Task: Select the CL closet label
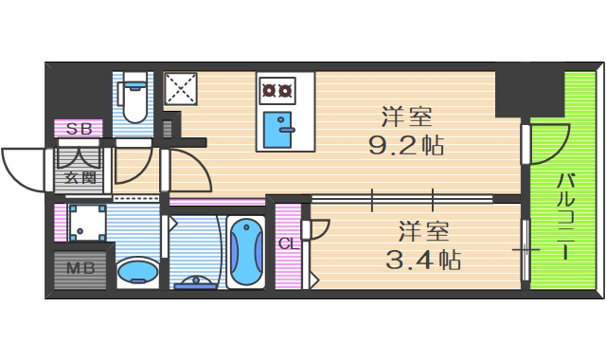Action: [287, 243]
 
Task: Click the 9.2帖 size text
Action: [407, 146]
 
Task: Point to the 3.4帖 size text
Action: [423, 258]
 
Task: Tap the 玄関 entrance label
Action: [80, 176]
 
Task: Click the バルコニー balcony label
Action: [565, 215]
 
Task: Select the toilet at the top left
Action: [134, 99]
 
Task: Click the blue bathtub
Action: [245, 251]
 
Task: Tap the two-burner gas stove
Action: [276, 91]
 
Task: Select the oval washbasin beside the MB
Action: [137, 272]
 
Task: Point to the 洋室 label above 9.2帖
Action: [407, 117]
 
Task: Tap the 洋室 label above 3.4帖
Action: [423, 230]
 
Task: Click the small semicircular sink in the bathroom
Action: [198, 280]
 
